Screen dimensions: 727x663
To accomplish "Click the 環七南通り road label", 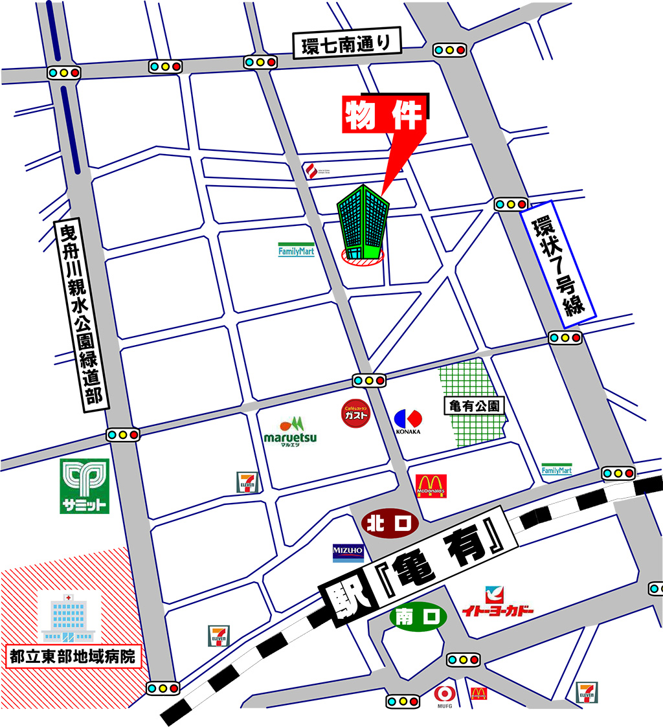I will [347, 46].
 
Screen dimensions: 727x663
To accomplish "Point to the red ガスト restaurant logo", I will [356, 414].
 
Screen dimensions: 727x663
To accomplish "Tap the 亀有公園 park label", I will [475, 406].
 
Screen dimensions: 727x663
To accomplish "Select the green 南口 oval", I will [418, 617].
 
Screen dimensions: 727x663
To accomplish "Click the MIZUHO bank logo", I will [348, 552].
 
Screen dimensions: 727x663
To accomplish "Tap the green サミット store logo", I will [84, 486].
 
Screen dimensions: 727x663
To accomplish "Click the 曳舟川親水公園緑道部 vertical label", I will [81, 314].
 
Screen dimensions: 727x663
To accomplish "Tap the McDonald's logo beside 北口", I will [431, 486].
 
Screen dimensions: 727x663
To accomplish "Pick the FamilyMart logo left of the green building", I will [296, 250].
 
